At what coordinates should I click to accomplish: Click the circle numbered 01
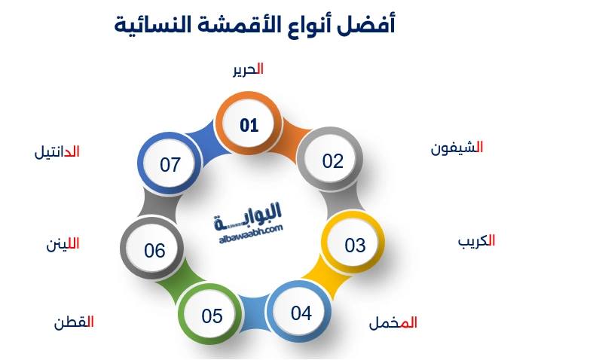click(249, 125)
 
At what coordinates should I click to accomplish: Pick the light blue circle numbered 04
click(301, 313)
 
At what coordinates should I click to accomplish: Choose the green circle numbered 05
click(212, 316)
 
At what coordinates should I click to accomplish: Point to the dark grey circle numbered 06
click(154, 250)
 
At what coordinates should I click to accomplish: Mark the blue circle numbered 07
click(170, 164)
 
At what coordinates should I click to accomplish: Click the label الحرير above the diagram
click(248, 69)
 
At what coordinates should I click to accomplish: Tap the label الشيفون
click(457, 148)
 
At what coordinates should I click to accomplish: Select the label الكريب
click(476, 242)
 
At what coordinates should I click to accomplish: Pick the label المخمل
click(393, 323)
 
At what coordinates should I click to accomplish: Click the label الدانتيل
click(57, 151)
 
